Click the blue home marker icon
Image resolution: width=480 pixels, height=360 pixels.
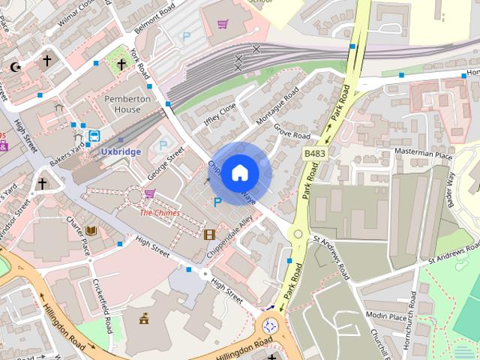point(239,173)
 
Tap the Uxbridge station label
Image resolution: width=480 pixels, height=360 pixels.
point(121,151)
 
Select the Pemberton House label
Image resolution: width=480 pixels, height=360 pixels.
point(123,104)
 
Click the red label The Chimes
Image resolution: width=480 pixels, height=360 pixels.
point(159,213)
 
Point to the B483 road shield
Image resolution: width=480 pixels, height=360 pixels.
point(315,153)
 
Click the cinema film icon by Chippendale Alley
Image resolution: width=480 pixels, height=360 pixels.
point(209,234)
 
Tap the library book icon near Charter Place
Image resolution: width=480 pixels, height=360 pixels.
point(91,230)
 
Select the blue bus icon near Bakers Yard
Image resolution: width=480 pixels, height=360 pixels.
point(94,136)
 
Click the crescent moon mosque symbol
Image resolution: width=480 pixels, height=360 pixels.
point(15,67)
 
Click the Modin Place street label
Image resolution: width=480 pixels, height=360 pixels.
point(386,316)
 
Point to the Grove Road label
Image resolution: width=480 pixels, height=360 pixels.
point(292,131)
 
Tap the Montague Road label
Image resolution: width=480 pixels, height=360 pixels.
point(278,106)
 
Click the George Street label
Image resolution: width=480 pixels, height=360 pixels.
point(165,164)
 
